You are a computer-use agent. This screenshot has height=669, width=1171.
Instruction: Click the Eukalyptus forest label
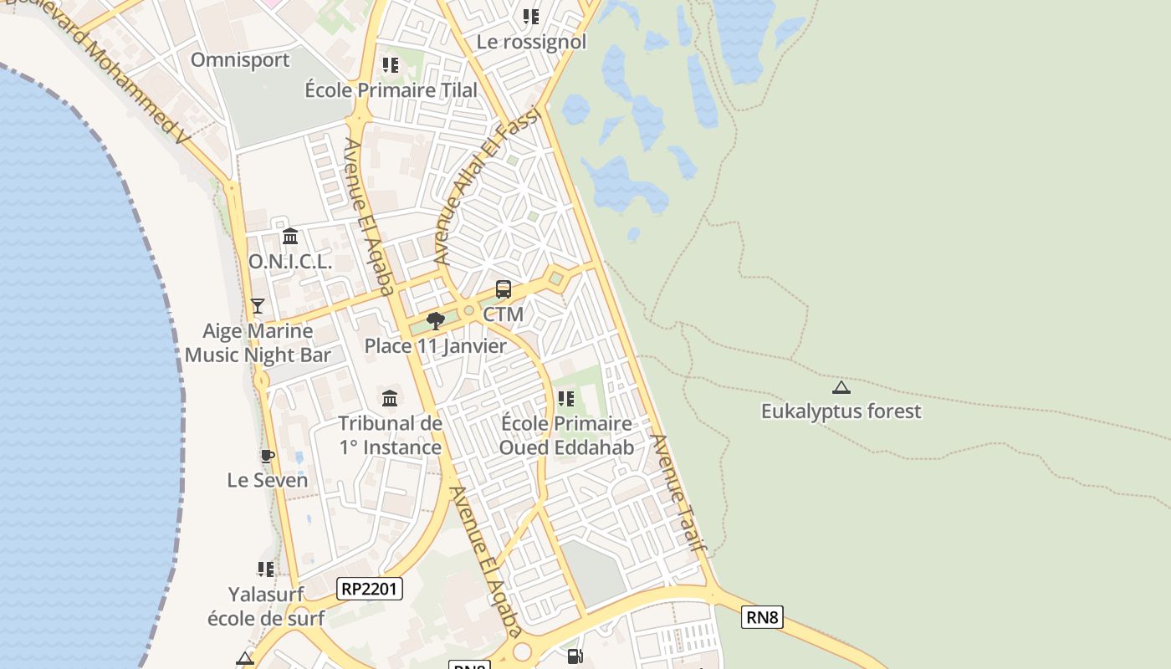tap(841, 411)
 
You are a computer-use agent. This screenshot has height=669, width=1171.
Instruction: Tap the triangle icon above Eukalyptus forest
tap(841, 387)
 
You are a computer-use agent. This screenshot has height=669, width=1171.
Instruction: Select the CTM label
tap(504, 314)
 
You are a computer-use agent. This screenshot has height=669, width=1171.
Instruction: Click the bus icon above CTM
tap(504, 289)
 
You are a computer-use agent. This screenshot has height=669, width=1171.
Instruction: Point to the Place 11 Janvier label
tap(435, 346)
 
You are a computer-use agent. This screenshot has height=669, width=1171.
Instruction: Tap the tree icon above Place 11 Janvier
tap(435, 320)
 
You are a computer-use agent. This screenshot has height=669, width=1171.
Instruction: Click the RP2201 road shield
tap(371, 589)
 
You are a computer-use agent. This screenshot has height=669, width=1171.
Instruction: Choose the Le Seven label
tap(268, 480)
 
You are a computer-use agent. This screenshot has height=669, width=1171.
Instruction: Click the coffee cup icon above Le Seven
tap(268, 456)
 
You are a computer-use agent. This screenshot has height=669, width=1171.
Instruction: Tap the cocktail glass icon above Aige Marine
tap(258, 306)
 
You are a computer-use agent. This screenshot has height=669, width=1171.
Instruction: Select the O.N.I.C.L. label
tap(290, 262)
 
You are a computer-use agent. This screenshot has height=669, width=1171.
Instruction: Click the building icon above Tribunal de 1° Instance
tap(390, 398)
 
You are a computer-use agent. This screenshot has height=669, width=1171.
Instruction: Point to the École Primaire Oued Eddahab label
tap(566, 436)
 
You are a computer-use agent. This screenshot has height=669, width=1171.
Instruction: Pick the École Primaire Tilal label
tap(391, 90)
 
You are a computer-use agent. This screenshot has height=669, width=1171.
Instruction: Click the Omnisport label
tap(240, 60)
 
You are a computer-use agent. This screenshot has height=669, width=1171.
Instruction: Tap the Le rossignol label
tap(531, 42)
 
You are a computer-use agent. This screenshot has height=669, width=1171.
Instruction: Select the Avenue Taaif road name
tap(678, 493)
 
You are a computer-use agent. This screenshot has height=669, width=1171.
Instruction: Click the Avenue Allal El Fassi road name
tap(488, 188)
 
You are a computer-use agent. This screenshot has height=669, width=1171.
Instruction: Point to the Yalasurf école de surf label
tap(266, 606)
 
